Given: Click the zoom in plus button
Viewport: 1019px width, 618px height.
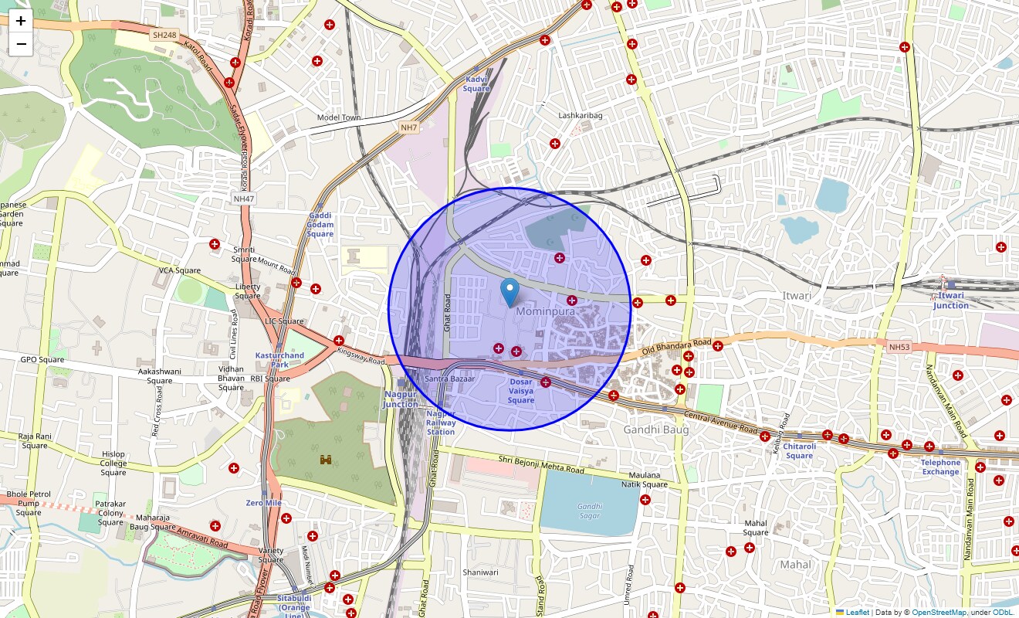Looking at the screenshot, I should pos(21,21).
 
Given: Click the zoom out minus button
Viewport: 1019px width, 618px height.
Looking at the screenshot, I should pos(21,44).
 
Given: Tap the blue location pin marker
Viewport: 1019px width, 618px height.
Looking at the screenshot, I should pos(509,293).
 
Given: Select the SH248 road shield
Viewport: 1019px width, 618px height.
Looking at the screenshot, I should pos(164,35).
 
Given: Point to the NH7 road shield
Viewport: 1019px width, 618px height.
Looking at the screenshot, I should pos(409,127).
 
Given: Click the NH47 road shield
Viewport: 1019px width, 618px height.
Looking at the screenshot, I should pos(244,199).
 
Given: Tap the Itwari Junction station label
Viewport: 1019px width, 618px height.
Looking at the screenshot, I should pos(950,301).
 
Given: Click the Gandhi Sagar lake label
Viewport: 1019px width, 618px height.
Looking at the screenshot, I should pos(590,511).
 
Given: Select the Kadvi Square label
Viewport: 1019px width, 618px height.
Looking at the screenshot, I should pos(476,84).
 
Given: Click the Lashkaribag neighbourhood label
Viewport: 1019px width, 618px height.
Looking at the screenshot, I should pos(580,116).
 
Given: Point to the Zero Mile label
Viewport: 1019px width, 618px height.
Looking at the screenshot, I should pos(263,503).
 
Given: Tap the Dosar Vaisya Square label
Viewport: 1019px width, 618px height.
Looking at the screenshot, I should pos(521,391).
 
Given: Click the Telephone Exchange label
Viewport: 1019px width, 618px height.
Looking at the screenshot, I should pos(940,467).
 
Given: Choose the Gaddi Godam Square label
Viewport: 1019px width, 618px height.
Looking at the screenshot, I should pos(320,225).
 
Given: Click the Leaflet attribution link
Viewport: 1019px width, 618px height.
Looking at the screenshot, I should pos(857,613).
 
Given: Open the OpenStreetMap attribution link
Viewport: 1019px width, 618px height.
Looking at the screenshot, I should pos(938,613).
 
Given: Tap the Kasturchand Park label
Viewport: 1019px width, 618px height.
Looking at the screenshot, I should pos(279,360).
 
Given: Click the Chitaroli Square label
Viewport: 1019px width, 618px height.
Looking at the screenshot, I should pos(799,451).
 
